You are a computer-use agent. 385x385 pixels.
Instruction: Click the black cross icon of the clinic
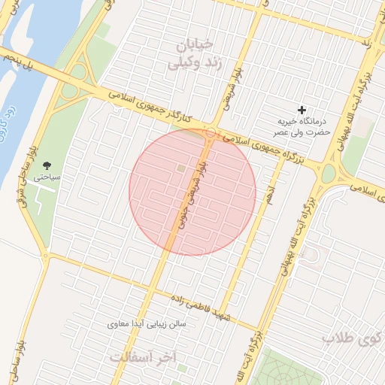pyautogui.click(x=303, y=111)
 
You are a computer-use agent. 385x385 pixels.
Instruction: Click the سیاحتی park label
pyautogui.click(x=44, y=178)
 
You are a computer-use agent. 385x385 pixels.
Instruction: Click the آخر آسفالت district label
pyautogui.click(x=143, y=357)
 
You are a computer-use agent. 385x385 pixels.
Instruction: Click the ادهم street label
pyautogui.click(x=268, y=192)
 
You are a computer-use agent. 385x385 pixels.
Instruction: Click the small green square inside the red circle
pyautogui.click(x=180, y=167)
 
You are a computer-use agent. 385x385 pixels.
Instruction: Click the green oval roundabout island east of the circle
pyautogui.click(x=329, y=174)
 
